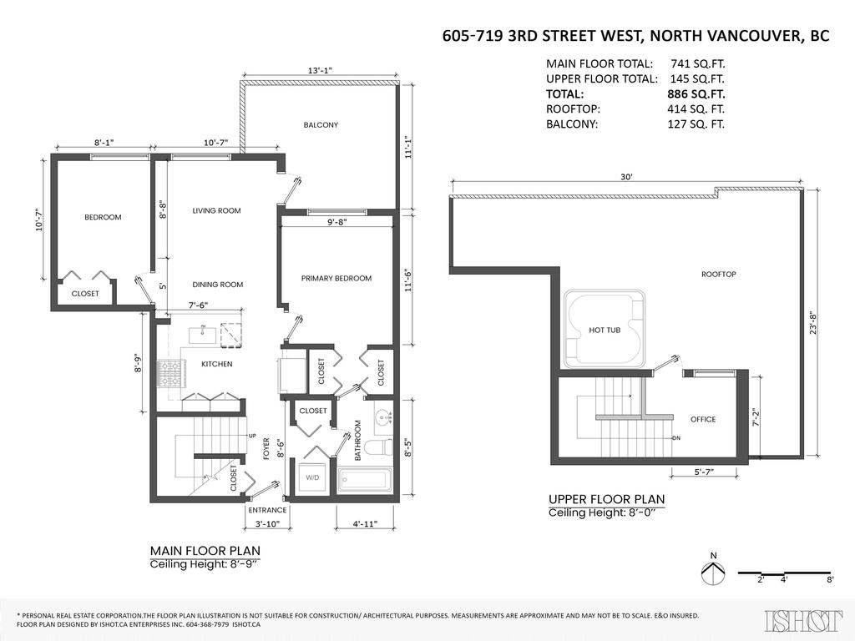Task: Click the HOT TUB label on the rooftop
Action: point(605,331)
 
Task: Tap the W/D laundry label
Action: point(313,478)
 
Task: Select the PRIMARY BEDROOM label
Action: point(336,278)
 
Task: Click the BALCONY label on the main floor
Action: point(321,125)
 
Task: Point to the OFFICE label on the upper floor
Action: point(703,420)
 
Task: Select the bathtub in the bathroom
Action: point(364,481)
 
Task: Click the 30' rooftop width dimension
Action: point(626,177)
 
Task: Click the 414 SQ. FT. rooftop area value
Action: point(696,109)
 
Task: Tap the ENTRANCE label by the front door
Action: point(267,510)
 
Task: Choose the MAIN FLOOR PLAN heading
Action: point(205,551)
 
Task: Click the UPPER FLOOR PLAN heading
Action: point(606,499)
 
